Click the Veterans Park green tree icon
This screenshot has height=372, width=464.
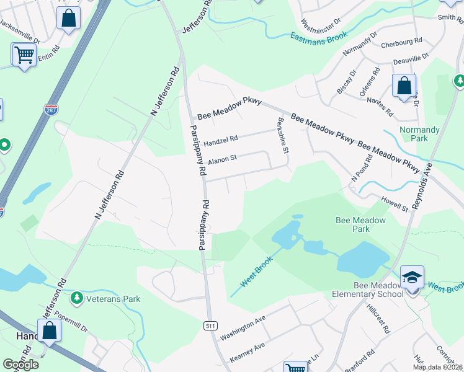(x=77, y=298)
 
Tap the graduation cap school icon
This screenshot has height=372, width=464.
(x=412, y=277)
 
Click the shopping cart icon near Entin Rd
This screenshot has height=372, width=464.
(x=24, y=55)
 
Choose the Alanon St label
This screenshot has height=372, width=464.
(x=222, y=159)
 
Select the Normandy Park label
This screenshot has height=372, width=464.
(x=420, y=135)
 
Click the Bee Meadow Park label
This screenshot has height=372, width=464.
(x=360, y=224)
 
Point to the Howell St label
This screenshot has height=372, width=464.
(x=395, y=204)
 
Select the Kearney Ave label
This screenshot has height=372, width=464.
(x=247, y=352)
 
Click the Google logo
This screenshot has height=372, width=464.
(x=20, y=364)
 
